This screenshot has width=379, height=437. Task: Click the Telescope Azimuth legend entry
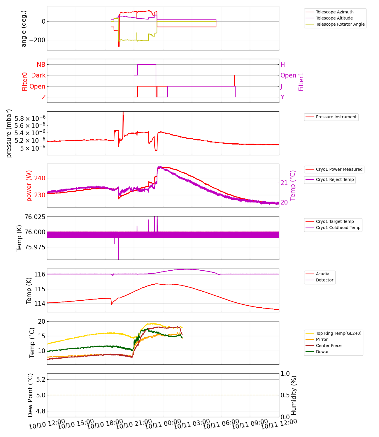334,12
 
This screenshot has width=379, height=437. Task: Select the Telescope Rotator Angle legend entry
340,24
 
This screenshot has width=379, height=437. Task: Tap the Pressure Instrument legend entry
336,117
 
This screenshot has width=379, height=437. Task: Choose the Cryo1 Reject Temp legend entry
335,179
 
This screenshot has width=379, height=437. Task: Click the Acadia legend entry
322,274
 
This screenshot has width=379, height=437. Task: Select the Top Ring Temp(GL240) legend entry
338,333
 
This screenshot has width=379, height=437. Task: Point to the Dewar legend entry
322,352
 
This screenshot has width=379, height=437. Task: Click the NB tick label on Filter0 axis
41,64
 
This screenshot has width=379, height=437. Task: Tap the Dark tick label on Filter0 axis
38,75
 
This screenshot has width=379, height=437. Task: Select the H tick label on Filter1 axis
283,65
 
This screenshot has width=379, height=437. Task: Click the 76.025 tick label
35,217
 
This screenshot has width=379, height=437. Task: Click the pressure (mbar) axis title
9,133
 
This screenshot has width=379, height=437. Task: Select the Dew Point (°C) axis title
31,395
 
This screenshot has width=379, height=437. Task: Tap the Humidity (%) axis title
294,395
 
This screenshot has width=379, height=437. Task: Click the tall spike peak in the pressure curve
123,112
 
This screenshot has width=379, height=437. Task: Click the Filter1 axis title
301,82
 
